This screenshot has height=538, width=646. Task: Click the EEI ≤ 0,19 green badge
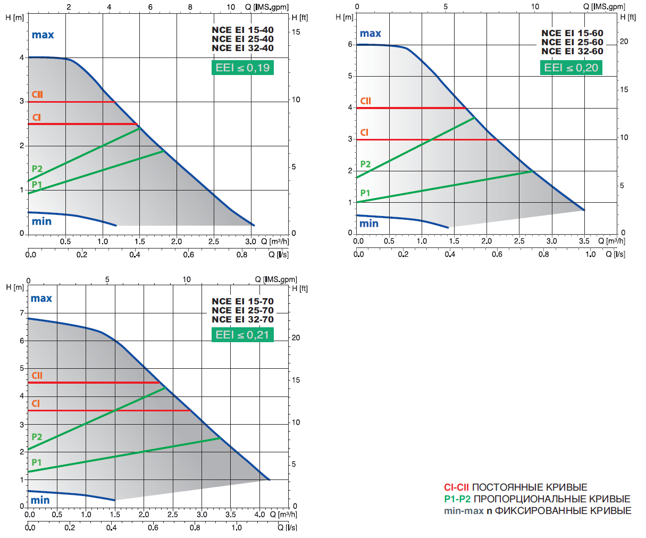click(x=242, y=68)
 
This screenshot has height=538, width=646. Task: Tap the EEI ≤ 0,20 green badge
click(x=571, y=68)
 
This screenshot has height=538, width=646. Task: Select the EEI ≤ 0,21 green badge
click(x=242, y=335)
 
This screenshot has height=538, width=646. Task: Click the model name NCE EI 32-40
click(x=242, y=48)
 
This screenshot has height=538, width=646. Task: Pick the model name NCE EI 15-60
click(x=572, y=33)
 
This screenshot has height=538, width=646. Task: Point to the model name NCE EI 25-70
click(x=242, y=310)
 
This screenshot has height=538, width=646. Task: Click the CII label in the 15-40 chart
click(x=37, y=94)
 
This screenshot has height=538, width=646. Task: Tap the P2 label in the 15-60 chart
click(x=365, y=164)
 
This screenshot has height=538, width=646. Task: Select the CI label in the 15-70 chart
click(x=36, y=403)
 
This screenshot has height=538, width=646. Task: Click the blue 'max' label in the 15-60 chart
click(x=370, y=34)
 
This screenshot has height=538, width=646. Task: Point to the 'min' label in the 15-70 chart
click(x=40, y=500)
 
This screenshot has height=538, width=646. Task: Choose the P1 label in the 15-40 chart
click(x=37, y=184)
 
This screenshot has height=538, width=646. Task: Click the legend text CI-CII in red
click(x=456, y=487)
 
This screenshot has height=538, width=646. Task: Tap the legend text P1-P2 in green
click(x=457, y=499)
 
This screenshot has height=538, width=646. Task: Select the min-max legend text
click(x=464, y=511)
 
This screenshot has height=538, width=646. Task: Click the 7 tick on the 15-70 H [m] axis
click(x=22, y=313)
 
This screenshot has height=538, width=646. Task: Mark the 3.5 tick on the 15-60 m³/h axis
click(x=584, y=241)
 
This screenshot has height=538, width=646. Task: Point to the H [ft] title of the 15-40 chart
click(x=300, y=18)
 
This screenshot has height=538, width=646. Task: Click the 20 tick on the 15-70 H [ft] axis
click(x=296, y=337)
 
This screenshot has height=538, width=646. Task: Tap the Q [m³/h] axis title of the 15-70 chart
click(x=283, y=515)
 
